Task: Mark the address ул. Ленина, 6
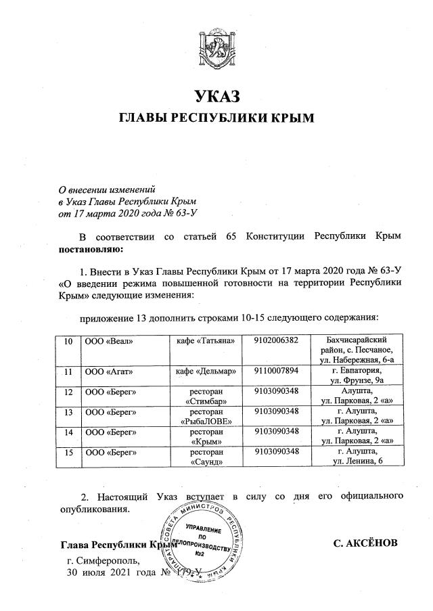click(357, 461)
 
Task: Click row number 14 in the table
click(68, 431)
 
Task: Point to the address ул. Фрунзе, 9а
click(357, 380)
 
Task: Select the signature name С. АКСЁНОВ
click(365, 543)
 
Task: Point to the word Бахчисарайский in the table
click(357, 339)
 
